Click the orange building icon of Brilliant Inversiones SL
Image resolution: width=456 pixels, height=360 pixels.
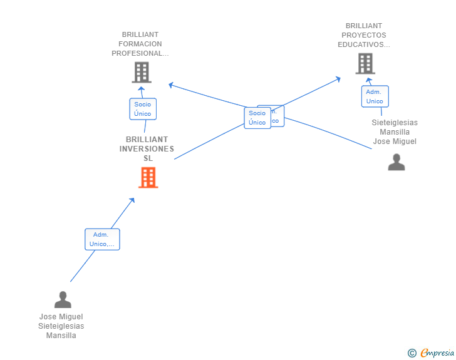tap(148, 178)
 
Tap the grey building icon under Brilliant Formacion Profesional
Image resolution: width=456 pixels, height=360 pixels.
tap(142, 73)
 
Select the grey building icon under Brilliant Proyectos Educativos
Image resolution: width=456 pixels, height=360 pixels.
tap(365, 64)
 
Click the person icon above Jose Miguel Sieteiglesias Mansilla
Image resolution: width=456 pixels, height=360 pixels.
tap(63, 300)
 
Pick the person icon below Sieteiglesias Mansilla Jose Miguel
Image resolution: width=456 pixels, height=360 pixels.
tap(396, 162)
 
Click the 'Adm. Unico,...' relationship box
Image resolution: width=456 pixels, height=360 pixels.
tap(102, 239)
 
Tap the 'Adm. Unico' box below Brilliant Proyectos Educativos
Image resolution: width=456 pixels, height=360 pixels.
tap(375, 96)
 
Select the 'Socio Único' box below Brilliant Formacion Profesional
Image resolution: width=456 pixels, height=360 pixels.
tap(142, 109)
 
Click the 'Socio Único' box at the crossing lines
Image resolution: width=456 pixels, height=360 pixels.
tap(257, 118)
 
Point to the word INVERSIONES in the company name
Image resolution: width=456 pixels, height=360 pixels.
tap(147, 149)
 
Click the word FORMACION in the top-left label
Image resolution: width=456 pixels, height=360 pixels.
tap(140, 44)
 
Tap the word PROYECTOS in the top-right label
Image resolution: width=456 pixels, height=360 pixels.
tap(363, 35)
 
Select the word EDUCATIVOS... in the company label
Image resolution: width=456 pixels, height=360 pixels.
tap(363, 44)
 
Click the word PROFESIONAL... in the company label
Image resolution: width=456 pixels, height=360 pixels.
tap(140, 53)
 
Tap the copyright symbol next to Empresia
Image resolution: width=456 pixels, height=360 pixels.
tap(412, 353)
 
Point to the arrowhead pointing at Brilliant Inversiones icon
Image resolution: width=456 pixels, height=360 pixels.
tap(132, 200)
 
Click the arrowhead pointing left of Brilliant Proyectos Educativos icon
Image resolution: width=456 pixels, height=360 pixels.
tap(338, 79)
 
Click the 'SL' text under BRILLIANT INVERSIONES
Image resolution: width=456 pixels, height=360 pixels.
tap(148, 158)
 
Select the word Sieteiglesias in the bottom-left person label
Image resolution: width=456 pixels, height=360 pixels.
tap(61, 326)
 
